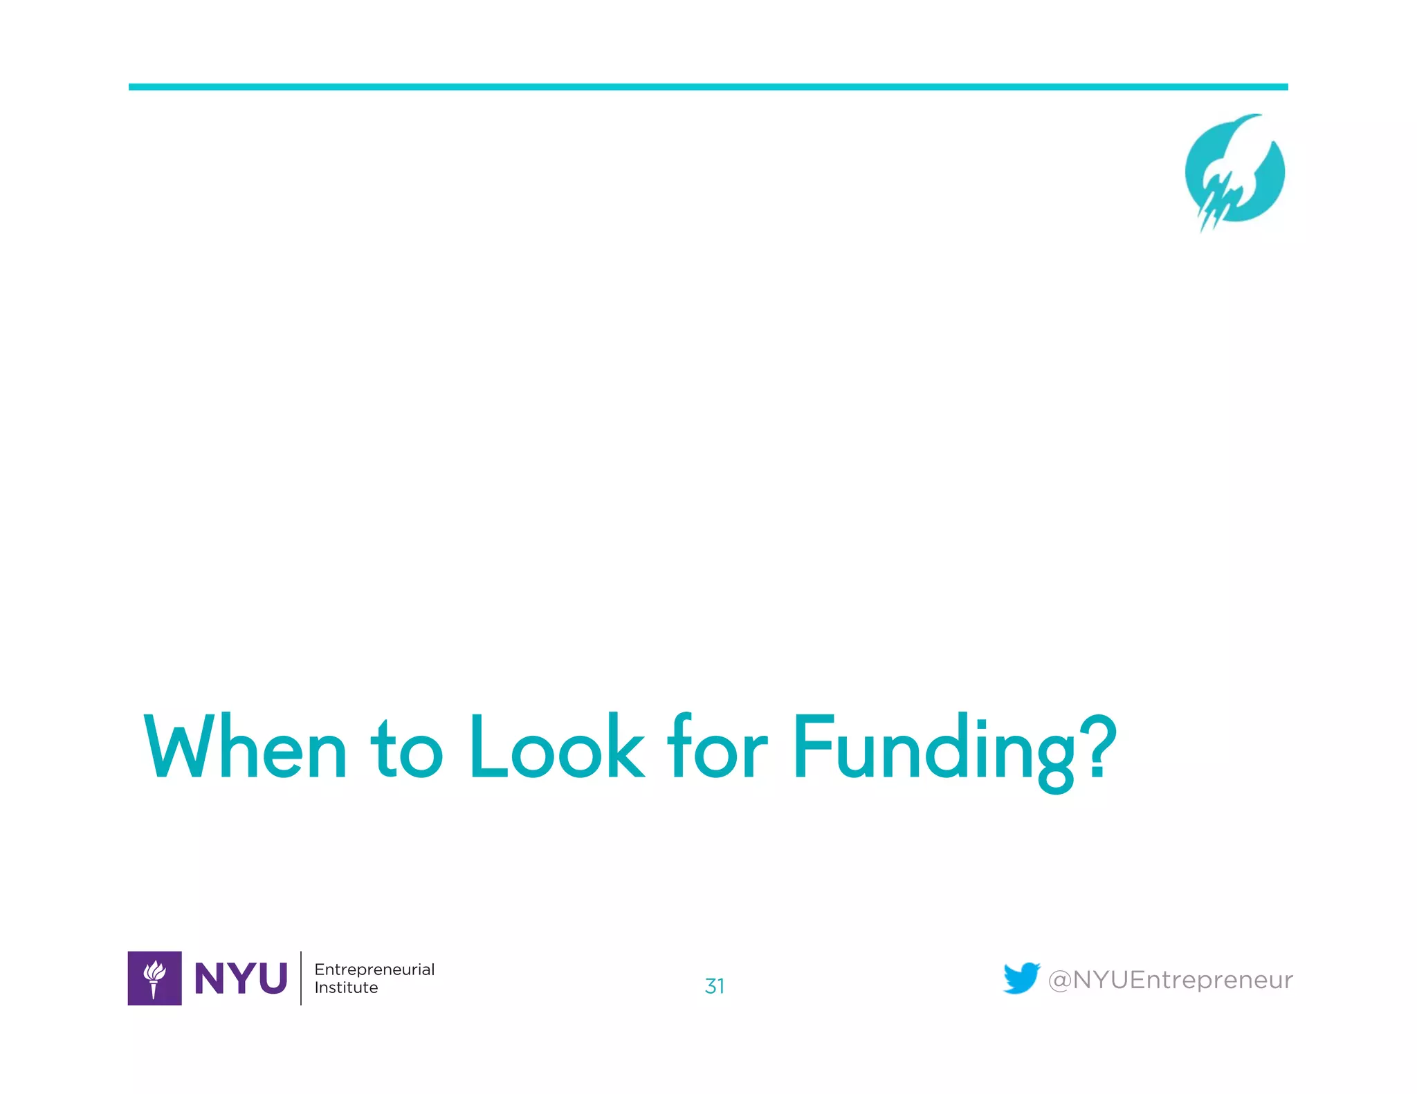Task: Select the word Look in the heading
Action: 556,747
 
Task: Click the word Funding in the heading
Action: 934,750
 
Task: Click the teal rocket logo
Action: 1234,173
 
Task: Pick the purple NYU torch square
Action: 155,978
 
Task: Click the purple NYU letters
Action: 241,979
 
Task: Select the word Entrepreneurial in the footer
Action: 374,970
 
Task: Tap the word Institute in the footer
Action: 346,988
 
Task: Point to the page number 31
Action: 715,986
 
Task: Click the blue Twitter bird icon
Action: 1021,978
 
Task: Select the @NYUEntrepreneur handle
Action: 1170,980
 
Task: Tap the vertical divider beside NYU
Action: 301,978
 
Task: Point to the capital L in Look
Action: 486,747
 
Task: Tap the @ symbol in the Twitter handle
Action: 1060,981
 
